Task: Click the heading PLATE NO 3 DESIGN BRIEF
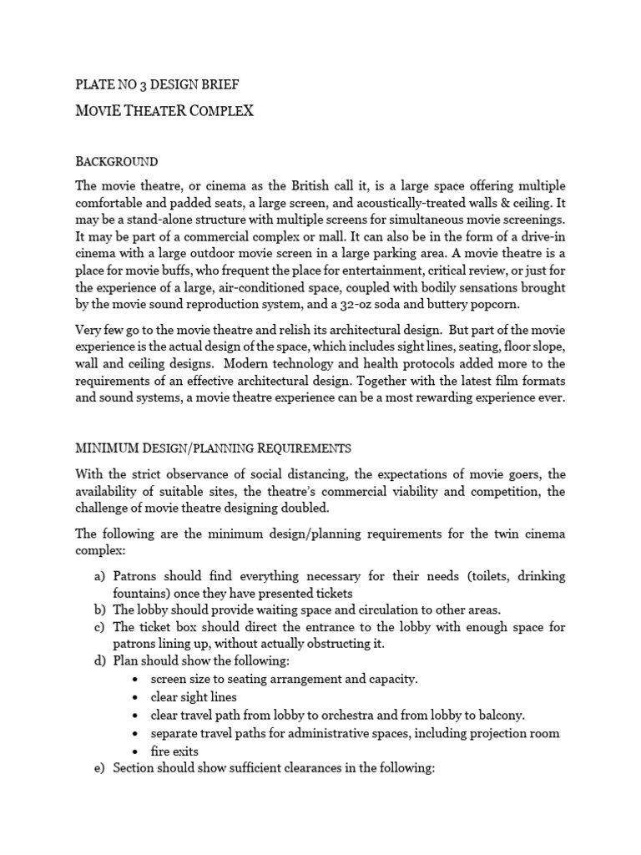(x=160, y=85)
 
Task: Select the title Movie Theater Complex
(x=164, y=111)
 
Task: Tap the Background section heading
(x=117, y=161)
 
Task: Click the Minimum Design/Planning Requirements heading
(x=214, y=448)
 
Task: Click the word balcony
(x=501, y=715)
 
